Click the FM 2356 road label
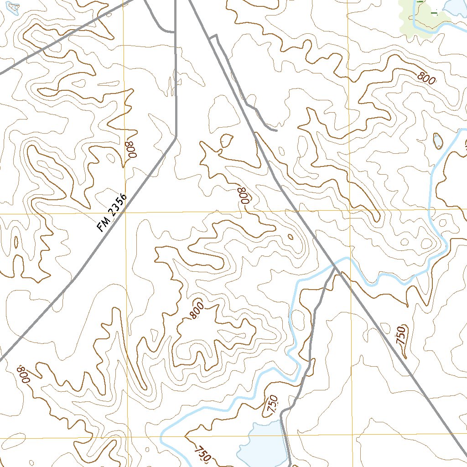click(x=112, y=213)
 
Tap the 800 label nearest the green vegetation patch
click(x=426, y=78)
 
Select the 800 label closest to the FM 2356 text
click(x=131, y=149)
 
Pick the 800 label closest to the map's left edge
click(x=23, y=374)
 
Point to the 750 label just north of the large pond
click(x=272, y=404)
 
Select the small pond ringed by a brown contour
click(x=438, y=141)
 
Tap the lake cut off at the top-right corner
click(x=454, y=5)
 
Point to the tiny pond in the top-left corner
click(x=14, y=7)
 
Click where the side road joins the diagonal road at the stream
click(x=336, y=269)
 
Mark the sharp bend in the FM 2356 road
click(x=176, y=137)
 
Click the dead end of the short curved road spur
click(x=276, y=130)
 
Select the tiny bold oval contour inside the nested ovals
click(x=290, y=236)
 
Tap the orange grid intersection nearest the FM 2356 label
click(x=125, y=213)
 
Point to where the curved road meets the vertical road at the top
click(x=175, y=32)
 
